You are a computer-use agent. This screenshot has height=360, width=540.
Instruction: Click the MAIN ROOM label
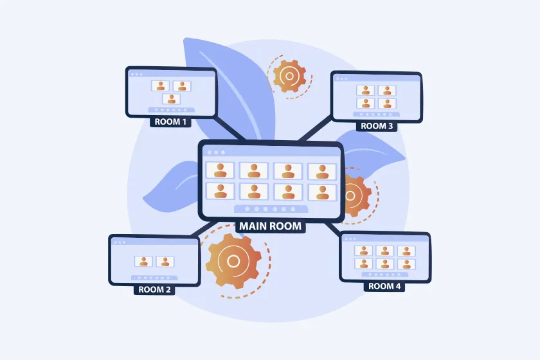pos(270,226)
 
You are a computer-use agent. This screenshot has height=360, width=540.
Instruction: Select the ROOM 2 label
pos(155,289)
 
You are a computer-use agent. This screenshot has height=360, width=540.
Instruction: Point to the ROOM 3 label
pos(377,126)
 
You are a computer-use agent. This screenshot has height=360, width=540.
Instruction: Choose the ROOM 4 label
pos(384,286)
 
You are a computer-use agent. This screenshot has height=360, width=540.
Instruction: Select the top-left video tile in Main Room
pos(220,170)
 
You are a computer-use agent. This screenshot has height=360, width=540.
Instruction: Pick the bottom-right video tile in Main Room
pos(322,192)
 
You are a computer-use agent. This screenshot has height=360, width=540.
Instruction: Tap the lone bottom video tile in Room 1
pos(171,99)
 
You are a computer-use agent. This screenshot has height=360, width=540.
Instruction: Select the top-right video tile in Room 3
pos(386,91)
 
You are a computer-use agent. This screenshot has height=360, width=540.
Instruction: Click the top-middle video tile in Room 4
pos(385,251)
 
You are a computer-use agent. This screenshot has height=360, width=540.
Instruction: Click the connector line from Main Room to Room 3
pos(316,130)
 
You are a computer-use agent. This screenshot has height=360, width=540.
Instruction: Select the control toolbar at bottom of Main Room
pos(271,209)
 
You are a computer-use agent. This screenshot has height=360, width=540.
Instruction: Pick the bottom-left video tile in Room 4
pos(365,264)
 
